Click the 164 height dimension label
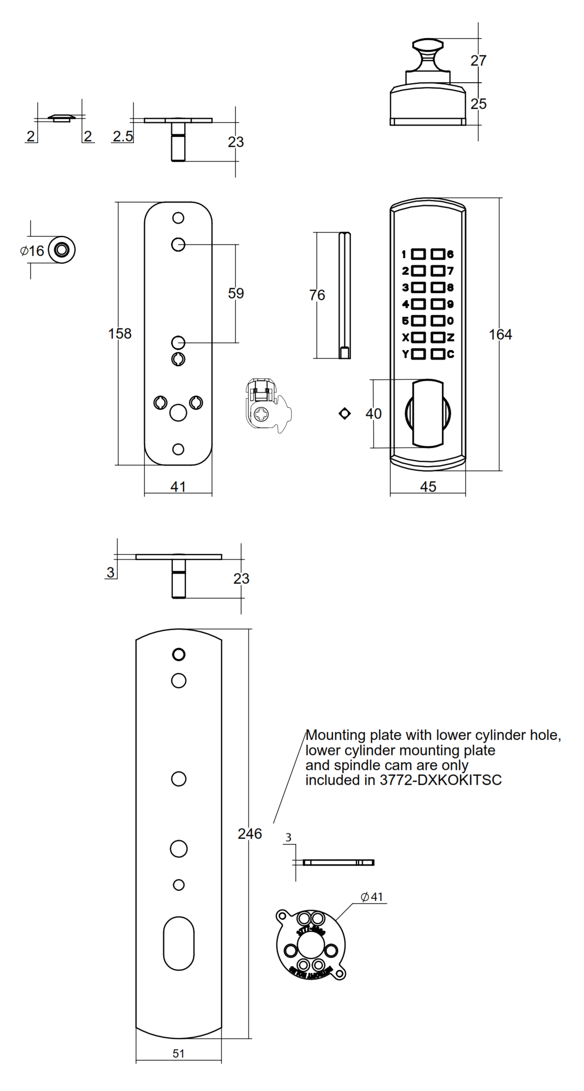click(x=500, y=335)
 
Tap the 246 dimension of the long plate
click(x=249, y=833)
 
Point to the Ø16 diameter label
click(x=32, y=251)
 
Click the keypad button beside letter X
click(x=418, y=337)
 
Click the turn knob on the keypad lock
click(x=428, y=413)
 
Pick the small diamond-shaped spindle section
click(x=345, y=413)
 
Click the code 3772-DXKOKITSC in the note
click(x=440, y=780)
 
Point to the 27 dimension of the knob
click(x=478, y=61)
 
